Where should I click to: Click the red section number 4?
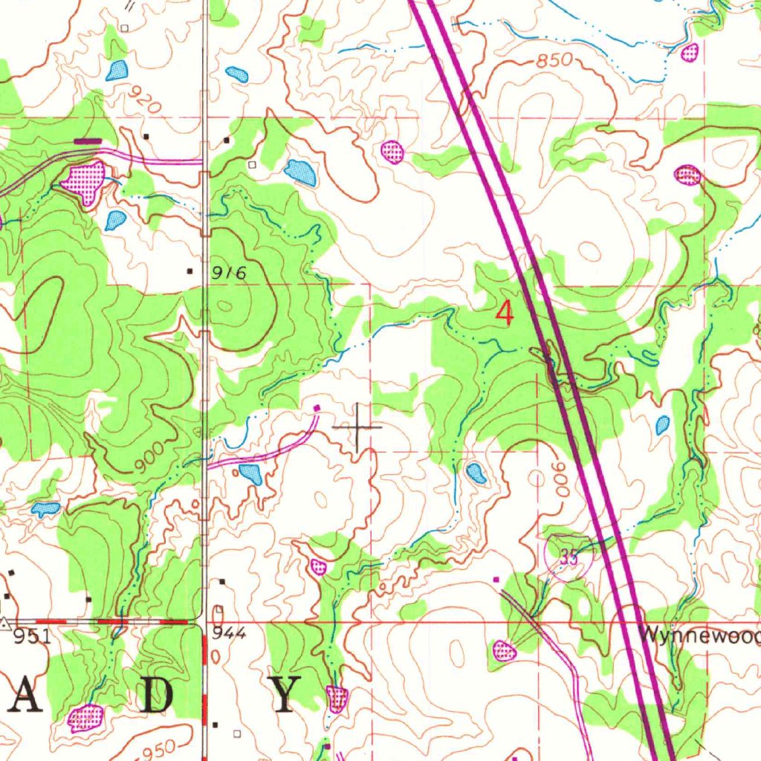[505, 314]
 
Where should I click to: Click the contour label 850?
[555, 60]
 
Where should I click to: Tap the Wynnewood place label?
[699, 636]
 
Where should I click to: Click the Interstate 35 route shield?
[569, 559]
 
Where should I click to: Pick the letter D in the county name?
[158, 696]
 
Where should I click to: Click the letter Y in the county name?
[285, 696]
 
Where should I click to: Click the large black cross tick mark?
[357, 427]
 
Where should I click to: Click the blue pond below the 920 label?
[117, 71]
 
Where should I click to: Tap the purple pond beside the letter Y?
[337, 698]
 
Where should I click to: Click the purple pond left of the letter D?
[85, 717]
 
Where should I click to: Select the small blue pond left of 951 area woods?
[45, 509]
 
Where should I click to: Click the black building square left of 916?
[190, 271]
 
